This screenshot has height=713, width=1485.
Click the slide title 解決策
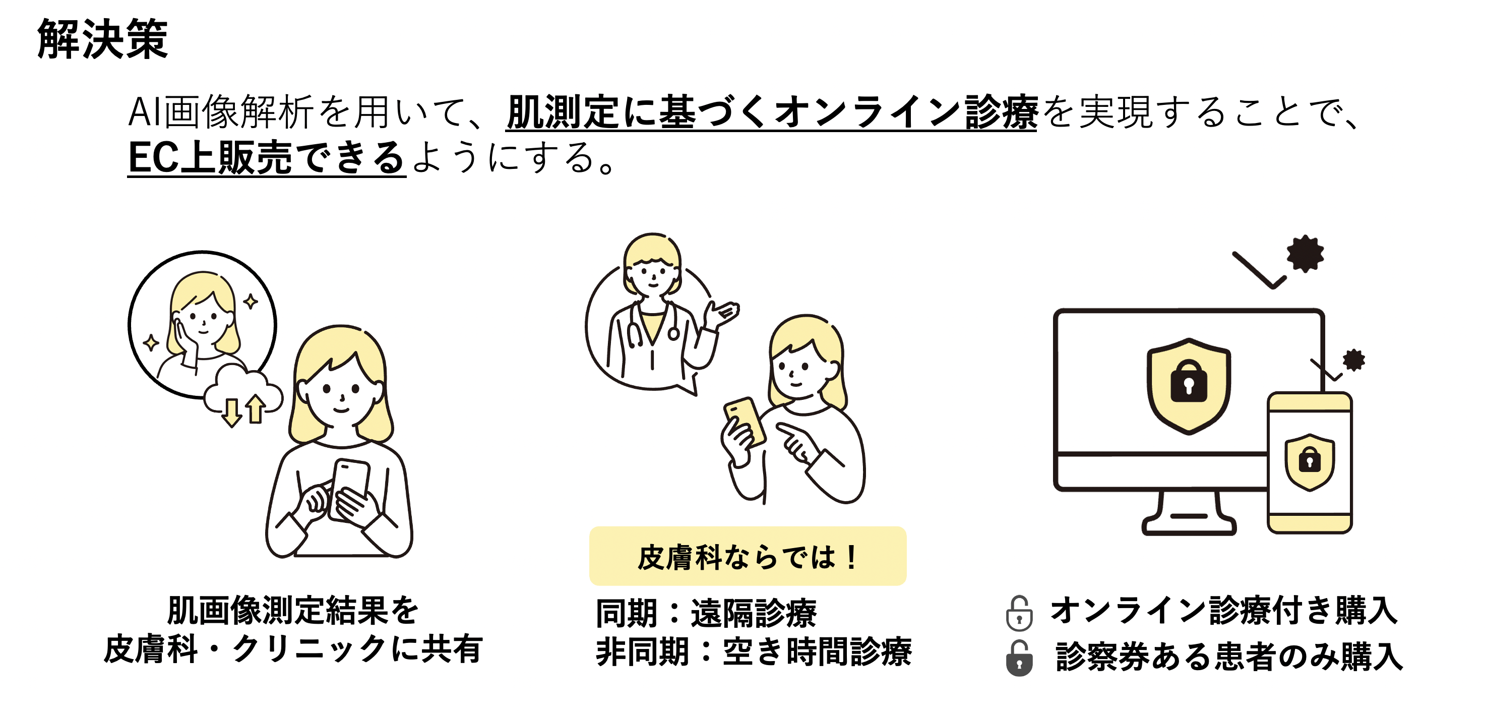tap(103, 39)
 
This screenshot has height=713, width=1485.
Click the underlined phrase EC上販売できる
tap(266, 157)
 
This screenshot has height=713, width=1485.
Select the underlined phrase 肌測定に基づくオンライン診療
tap(771, 112)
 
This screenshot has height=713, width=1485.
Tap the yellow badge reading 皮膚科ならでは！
tap(747, 556)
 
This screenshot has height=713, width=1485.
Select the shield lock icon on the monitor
tap(1189, 385)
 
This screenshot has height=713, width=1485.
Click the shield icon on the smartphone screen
tap(1309, 461)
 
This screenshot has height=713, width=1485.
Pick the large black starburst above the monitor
tap(1305, 253)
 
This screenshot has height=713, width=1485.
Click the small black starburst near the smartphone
tap(1353, 360)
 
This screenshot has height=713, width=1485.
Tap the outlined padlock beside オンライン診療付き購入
tap(1019, 613)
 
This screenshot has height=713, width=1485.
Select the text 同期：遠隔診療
tap(706, 613)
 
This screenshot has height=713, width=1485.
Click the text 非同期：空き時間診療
tap(753, 652)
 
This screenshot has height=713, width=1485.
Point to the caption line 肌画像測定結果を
tap(292, 610)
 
